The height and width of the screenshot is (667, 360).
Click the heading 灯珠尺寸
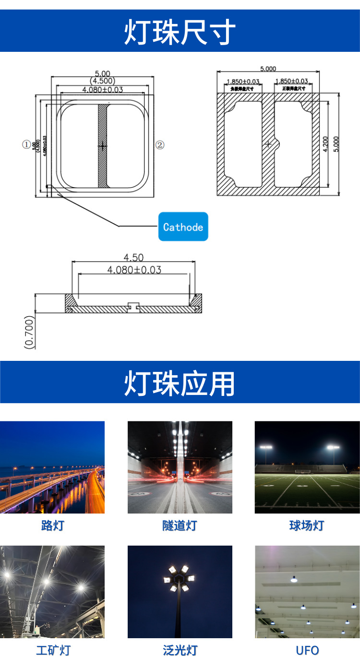pyautogui.click(x=180, y=32)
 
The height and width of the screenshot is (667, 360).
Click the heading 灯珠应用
pyautogui.click(x=180, y=383)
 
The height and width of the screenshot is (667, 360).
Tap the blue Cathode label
pyautogui.click(x=183, y=227)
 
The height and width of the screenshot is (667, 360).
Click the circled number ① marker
pyautogui.click(x=26, y=144)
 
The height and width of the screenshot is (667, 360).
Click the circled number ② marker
pyautogui.click(x=160, y=144)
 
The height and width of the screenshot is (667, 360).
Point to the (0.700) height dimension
pyautogui.click(x=30, y=331)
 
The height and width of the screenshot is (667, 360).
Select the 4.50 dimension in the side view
pyautogui.click(x=133, y=258)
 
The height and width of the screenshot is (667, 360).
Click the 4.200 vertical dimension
pyautogui.click(x=325, y=144)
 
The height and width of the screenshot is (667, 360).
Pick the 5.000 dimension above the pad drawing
pyautogui.click(x=268, y=69)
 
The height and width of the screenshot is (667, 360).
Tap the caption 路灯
pyautogui.click(x=52, y=525)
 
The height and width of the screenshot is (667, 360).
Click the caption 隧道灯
pyautogui.click(x=180, y=525)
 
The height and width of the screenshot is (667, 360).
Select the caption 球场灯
pyautogui.click(x=307, y=525)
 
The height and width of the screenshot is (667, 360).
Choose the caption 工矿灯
pyautogui.click(x=53, y=651)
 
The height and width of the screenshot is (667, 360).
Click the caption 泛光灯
pyautogui.click(x=180, y=651)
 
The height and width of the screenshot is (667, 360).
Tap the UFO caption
pyautogui.click(x=307, y=651)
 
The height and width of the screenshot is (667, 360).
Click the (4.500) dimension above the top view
pyautogui.click(x=102, y=81)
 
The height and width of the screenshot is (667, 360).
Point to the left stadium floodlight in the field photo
pyautogui.click(x=265, y=448)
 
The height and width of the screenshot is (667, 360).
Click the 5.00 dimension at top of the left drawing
pyautogui.click(x=102, y=73)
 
